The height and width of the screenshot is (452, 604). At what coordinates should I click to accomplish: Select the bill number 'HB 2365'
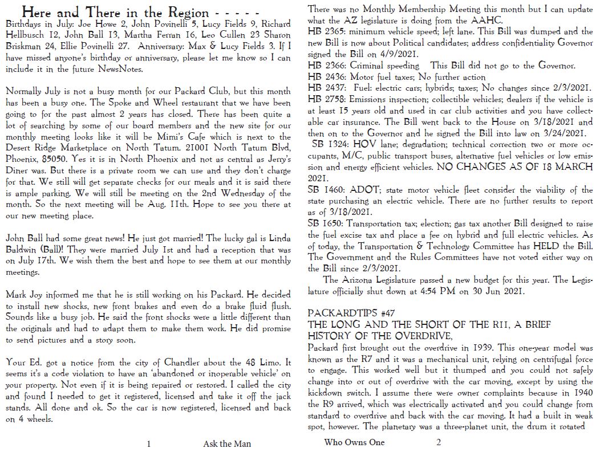(327, 32)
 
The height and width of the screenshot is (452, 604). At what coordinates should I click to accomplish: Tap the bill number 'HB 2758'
(327, 99)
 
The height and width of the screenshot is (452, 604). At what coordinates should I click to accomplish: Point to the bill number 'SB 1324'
(331, 144)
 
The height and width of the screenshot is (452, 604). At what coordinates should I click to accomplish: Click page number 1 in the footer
(149, 444)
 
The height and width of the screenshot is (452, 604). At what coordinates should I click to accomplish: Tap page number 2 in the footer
(439, 442)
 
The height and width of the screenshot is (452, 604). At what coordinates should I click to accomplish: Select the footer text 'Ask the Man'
(226, 444)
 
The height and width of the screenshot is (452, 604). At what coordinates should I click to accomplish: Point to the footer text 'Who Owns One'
(354, 442)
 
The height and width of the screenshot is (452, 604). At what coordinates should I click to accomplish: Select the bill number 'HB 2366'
(327, 66)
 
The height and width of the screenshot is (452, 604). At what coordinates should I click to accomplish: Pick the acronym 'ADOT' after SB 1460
(361, 189)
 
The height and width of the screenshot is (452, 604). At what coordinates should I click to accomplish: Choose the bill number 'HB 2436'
(327, 77)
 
